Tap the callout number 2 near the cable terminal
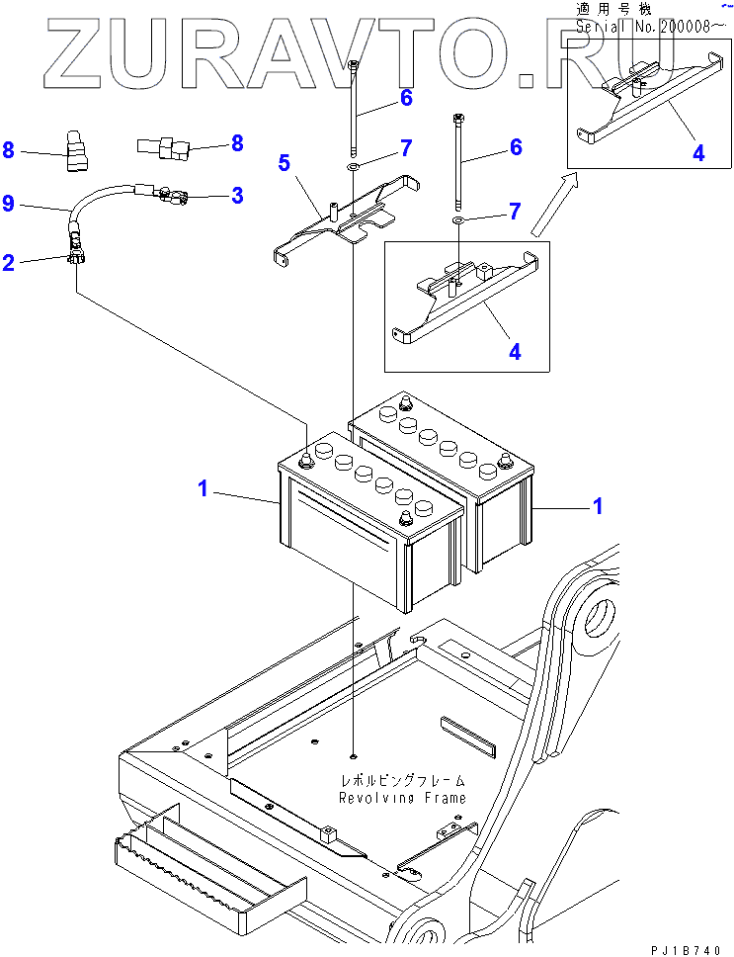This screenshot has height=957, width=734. point(8,262)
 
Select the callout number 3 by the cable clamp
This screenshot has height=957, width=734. point(236,196)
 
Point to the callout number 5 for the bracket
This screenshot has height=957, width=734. point(285,163)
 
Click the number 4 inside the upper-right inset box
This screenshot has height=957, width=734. point(698,152)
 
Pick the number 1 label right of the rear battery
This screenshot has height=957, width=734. point(598,506)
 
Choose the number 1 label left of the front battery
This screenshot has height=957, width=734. point(203,488)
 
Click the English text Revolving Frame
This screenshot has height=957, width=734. point(403,798)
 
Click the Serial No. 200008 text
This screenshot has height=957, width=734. point(651,27)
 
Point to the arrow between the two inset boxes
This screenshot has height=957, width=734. point(552,205)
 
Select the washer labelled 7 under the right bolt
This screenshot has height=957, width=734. point(458,219)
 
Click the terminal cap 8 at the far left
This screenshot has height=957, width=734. point(76,150)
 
